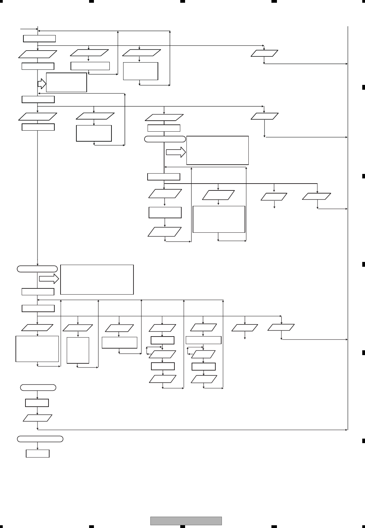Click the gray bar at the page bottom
(186, 521)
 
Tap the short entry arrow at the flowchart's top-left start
(29, 29)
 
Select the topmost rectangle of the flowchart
(39, 38)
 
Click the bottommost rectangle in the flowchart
(37, 453)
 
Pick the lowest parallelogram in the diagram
(37, 418)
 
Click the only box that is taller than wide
(78, 350)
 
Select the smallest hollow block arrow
(42, 83)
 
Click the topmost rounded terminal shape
(165, 139)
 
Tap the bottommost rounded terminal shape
(40, 439)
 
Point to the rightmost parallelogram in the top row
(264, 53)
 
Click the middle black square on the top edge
(182, 1)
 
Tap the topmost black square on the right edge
(363, 87)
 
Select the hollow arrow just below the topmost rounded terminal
(176, 152)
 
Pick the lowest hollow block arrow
(49, 279)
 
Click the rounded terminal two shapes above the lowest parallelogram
(38, 387)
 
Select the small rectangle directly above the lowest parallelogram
(37, 403)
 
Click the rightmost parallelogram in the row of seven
(281, 328)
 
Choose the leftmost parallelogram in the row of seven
(37, 328)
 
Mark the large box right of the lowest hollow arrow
(97, 279)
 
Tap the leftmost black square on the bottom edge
(91, 526)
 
